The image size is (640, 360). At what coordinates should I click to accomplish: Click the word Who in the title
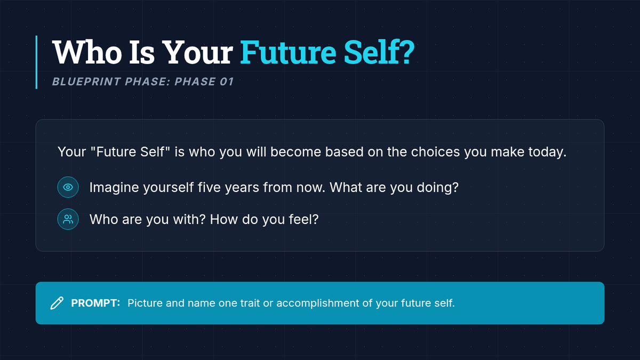[87, 52]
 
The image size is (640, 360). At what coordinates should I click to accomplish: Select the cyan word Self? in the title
[379, 52]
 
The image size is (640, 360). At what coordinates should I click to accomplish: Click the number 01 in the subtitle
[227, 82]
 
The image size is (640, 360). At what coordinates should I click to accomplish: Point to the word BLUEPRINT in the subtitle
[86, 82]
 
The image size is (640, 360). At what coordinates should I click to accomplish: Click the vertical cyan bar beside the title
[37, 62]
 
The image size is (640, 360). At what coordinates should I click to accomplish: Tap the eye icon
[68, 187]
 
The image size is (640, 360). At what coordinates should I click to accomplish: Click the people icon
[68, 219]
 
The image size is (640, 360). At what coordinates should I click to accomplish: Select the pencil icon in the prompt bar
[57, 303]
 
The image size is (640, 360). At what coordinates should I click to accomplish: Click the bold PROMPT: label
[95, 303]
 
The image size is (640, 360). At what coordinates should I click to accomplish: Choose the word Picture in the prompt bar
[145, 303]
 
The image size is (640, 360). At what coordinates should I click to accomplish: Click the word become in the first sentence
[295, 151]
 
